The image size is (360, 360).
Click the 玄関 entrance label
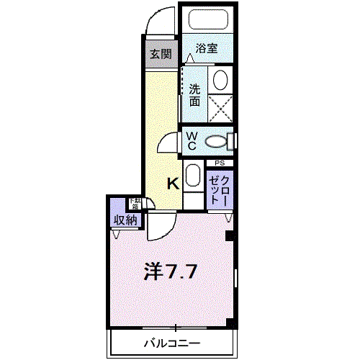point(161,53)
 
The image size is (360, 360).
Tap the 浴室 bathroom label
point(207,49)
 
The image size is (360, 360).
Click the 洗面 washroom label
point(194,95)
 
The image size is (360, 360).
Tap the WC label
point(192,139)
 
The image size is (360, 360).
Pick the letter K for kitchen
point(173,184)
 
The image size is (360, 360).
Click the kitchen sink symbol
point(192,175)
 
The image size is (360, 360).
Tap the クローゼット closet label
point(220,188)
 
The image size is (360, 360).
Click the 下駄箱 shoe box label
point(135,203)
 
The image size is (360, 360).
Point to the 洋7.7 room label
point(171,272)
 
